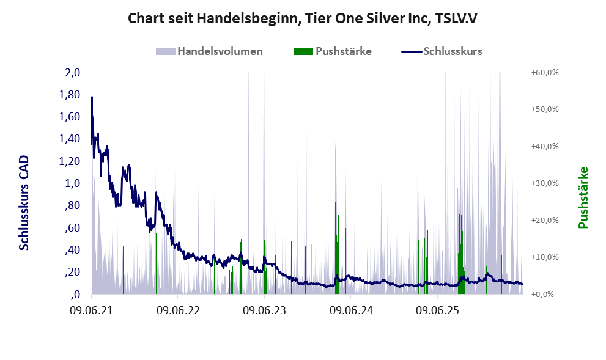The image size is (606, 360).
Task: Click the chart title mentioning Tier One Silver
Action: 303,18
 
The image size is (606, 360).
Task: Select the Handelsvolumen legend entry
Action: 209,51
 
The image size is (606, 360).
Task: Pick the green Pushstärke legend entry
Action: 333,51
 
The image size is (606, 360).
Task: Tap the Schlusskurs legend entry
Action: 442,51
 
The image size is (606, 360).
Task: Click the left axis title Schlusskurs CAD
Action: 24,203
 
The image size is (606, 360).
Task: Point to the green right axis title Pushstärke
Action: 583,197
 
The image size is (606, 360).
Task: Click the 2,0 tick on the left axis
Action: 72,73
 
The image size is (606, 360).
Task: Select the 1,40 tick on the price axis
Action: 70,139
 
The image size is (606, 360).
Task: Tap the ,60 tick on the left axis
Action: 73,227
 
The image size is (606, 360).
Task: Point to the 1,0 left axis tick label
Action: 72,183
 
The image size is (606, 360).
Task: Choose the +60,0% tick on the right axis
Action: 545,73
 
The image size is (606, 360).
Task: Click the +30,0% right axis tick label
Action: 545,183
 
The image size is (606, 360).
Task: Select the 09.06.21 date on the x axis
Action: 92,310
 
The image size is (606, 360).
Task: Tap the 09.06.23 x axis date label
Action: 264,310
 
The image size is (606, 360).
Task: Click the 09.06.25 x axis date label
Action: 437,310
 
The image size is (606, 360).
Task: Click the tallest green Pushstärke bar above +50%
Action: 486,197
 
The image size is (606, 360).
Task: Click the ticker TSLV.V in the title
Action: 456,18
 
